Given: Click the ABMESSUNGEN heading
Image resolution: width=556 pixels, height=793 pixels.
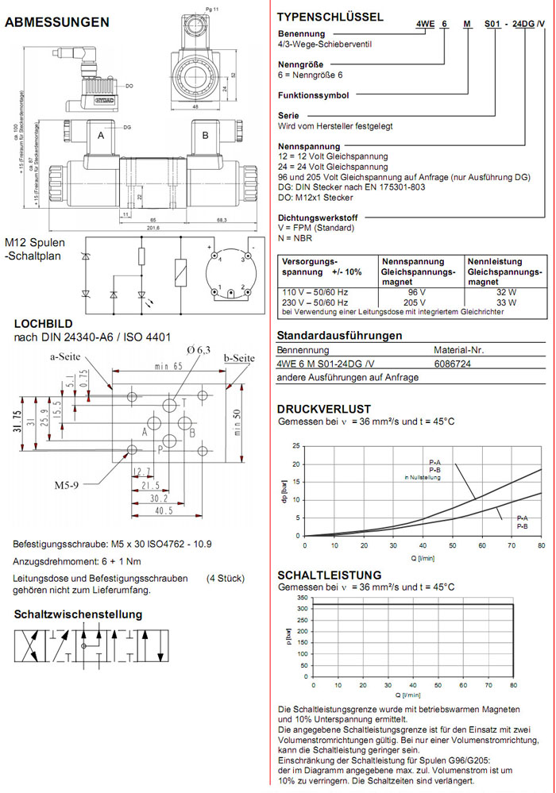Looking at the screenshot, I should tap(57, 22).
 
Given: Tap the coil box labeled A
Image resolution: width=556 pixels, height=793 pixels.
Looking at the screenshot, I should tap(101, 136).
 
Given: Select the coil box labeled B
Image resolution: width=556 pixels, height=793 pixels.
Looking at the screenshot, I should tap(205, 136).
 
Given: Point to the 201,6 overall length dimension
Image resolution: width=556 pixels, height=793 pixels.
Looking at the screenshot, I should tap(153, 229).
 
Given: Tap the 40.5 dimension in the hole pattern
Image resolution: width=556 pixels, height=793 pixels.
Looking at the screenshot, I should tap(164, 512).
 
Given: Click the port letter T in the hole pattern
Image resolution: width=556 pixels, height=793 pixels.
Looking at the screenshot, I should tap(184, 402).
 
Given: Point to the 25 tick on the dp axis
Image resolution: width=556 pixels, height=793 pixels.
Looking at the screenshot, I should tap(296, 445).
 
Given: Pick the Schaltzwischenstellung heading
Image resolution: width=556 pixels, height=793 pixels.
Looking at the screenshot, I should tap(79, 614).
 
